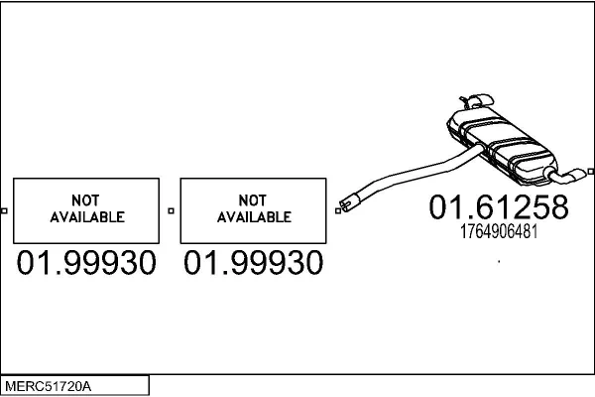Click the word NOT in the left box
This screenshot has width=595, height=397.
pos(85,200)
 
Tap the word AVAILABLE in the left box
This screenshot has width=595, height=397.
pos(87,217)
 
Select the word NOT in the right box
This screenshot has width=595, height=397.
pos(252,200)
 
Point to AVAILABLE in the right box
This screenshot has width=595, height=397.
pos(254,217)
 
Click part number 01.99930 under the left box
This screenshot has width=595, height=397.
pos(86,262)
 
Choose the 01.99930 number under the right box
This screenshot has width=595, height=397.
pos(254,262)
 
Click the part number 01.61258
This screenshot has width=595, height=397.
pos(499,207)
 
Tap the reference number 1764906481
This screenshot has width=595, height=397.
pos(499,231)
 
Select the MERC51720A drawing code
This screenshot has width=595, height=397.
pos(49,386)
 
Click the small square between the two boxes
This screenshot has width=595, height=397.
pos(172,210)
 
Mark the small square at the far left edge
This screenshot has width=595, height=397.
pos(4,210)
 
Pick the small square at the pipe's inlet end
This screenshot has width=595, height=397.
pos(338,210)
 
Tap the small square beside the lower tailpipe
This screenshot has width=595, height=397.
pos(591,172)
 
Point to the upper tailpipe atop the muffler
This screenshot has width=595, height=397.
pos(481,100)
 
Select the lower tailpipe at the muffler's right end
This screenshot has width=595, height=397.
pos(565,176)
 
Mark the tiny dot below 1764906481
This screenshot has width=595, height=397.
pos(499,261)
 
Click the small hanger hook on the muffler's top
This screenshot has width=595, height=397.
pos(464,102)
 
